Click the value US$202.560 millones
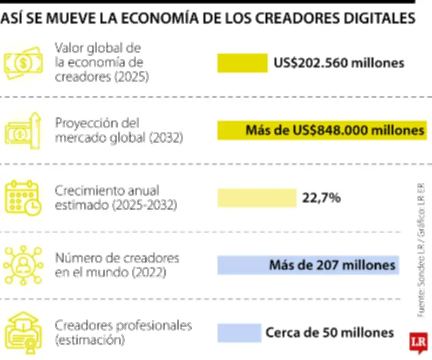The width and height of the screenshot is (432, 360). click(339, 63)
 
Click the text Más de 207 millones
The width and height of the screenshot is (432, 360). click(332, 265)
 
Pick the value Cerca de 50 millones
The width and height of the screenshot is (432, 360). click(329, 332)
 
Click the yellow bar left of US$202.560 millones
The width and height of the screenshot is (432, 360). click(242, 63)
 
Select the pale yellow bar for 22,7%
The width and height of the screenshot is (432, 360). click(257, 198)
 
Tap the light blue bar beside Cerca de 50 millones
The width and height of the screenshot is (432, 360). click(239, 332)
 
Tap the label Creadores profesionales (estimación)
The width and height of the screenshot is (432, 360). click(123, 332)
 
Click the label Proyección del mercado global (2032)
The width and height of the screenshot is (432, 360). click(119, 130)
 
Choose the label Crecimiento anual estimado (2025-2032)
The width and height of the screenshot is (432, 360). click(115, 198)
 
